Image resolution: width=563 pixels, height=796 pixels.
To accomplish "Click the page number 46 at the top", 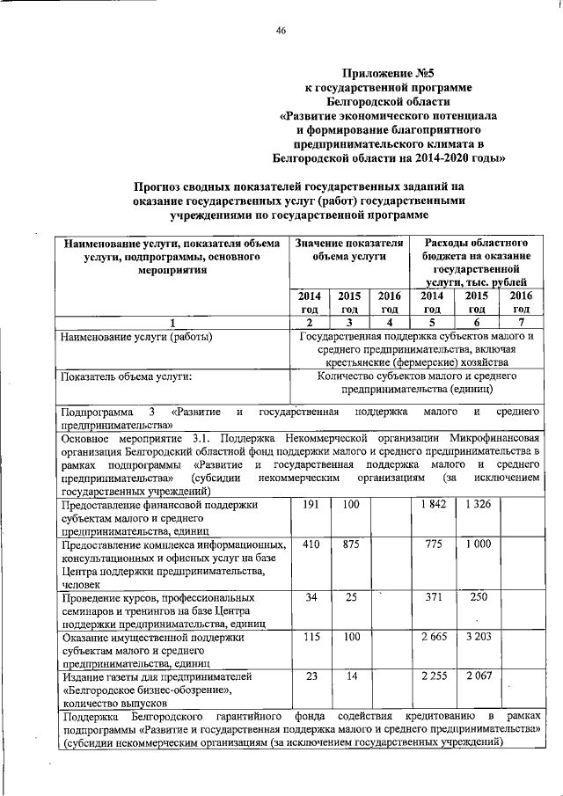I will click(x=281, y=31).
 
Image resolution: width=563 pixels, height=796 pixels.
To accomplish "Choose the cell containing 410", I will click(x=310, y=545).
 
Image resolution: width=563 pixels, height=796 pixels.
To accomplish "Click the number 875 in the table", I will click(x=351, y=545).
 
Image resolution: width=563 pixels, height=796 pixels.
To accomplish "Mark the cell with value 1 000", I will click(x=477, y=545).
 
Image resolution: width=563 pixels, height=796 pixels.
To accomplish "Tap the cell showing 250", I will click(x=477, y=598).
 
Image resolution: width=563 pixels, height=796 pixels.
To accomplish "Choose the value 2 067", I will click(x=477, y=676).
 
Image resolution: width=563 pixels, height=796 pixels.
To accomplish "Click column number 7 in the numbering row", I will click(x=521, y=322).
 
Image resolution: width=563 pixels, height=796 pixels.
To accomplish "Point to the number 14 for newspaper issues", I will click(x=351, y=676).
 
